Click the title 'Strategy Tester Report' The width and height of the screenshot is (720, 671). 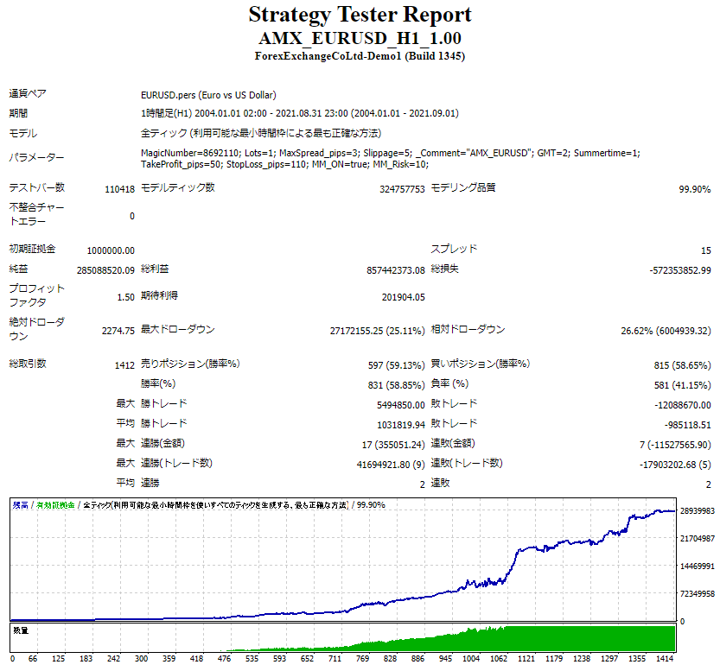coord(360,15)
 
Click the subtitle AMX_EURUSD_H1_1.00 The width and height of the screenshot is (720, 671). coord(360,39)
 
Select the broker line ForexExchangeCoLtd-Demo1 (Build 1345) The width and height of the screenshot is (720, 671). coord(360,56)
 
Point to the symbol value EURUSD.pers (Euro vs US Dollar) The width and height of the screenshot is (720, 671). coord(208,95)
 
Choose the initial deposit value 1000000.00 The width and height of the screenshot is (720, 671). coord(111,250)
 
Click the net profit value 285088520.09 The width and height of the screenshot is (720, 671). coord(105,270)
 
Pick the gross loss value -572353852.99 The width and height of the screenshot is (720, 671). coord(679,270)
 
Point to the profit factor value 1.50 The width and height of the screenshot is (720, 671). coord(124,297)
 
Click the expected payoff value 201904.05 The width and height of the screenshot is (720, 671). coord(403,297)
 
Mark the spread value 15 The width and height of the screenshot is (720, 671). coord(705,250)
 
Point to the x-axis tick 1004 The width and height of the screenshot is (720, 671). coord(472,658)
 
